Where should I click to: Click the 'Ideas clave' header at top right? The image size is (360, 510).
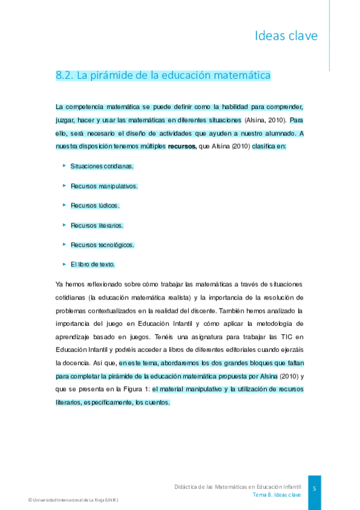click(285, 36)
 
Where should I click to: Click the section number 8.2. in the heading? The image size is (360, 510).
click(64, 76)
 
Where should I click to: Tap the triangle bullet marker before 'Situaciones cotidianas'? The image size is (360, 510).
click(64, 165)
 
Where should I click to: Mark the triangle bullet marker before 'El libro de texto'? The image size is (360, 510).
click(64, 264)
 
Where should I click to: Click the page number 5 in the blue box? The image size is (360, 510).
click(314, 488)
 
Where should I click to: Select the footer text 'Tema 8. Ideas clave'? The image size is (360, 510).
click(276, 494)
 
